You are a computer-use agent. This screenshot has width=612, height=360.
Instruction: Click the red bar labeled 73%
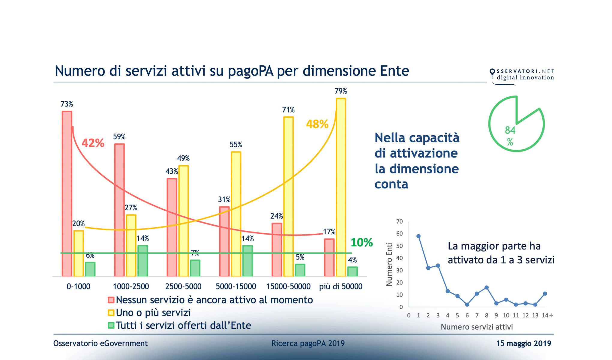pos(67,193)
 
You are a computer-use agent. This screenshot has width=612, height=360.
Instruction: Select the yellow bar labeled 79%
pos(341,187)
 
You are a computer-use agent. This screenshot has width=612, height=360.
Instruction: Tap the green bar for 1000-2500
pos(142,261)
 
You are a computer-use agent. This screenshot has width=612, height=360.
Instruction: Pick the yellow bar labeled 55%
pos(236,214)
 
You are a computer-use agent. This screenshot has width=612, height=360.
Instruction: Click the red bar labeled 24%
pos(277,250)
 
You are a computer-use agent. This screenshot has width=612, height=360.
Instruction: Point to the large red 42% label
pos(93,143)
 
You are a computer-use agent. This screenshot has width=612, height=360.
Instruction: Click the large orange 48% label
pos(317,124)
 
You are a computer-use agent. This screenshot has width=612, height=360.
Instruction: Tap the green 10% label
pos(361,242)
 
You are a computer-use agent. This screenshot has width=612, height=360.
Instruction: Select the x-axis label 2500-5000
pos(183,286)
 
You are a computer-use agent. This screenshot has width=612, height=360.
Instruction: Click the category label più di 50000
pos(341,286)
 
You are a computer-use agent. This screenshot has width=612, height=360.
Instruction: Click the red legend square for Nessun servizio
pos(111,300)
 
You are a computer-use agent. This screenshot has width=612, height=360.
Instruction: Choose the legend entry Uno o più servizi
pos(153,313)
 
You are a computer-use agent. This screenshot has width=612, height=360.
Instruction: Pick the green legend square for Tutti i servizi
pos(111,325)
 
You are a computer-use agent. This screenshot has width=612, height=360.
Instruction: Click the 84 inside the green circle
pos(510,130)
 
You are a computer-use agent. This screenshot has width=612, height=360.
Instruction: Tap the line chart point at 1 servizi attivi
pos(418,236)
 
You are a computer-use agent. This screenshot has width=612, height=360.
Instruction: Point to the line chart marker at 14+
pos(545,294)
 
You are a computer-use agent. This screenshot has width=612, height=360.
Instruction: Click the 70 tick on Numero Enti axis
pos(399,222)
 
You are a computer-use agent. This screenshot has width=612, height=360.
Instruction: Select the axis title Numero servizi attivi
pos(477,327)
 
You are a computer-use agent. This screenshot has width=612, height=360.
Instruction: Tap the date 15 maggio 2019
pos(523,343)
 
